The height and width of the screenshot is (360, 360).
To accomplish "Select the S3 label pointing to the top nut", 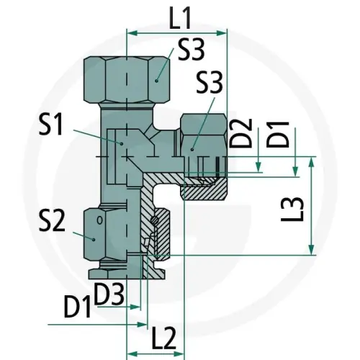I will click(191, 50).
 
